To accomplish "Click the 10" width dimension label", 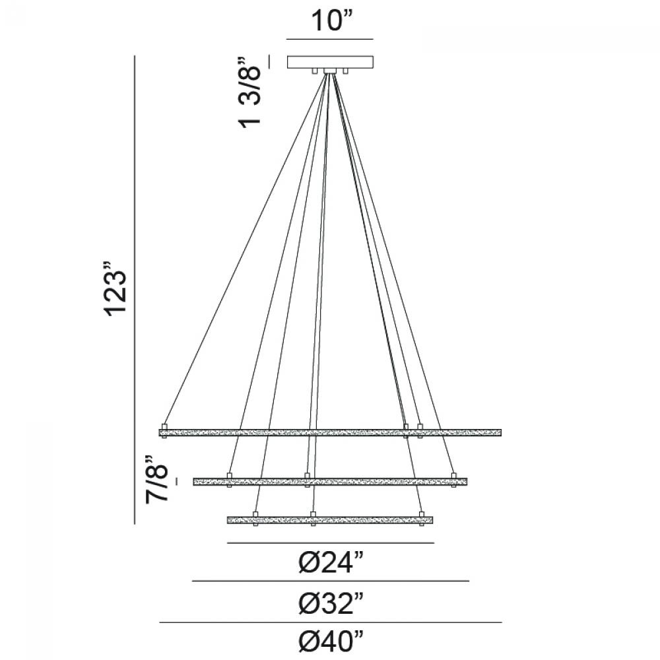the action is [x=332, y=20].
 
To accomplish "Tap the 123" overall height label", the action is [x=115, y=290].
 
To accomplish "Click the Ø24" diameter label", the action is [x=331, y=562].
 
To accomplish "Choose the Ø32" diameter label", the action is [x=331, y=604].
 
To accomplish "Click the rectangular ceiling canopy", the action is [x=331, y=62].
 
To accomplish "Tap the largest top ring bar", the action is [x=331, y=432].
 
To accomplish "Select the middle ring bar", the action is [x=331, y=482].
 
